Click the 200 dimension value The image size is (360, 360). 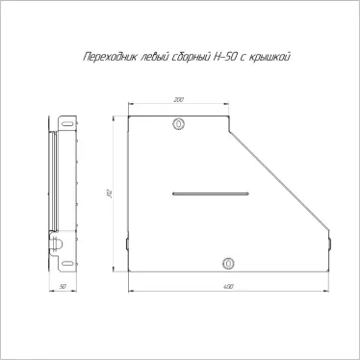coord(179,99)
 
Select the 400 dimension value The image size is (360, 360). coord(228,286)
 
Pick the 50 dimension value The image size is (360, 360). coord(63,286)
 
